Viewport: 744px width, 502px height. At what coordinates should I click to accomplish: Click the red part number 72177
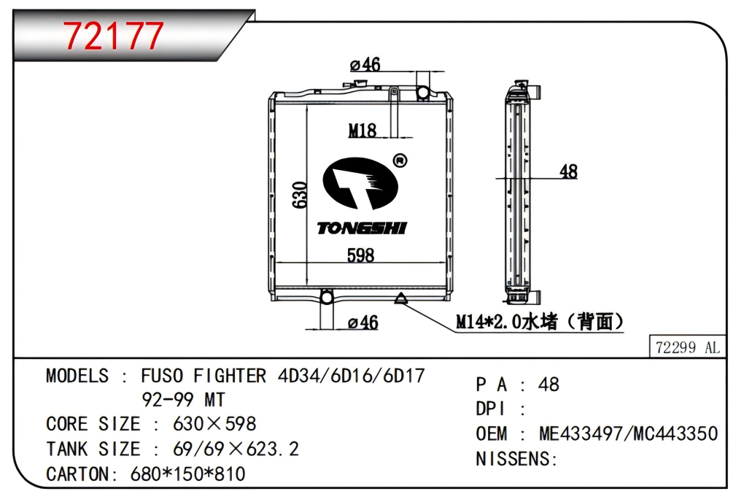113,36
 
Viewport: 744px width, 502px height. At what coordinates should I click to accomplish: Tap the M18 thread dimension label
363,130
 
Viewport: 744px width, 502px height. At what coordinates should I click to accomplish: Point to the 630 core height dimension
299,195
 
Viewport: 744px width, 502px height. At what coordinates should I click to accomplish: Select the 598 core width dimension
360,255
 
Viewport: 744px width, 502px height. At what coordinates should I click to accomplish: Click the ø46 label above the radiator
365,64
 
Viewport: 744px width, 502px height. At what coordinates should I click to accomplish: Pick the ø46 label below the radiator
363,323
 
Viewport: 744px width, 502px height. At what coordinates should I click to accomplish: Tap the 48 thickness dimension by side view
568,171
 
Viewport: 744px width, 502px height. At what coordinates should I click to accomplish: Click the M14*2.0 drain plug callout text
540,322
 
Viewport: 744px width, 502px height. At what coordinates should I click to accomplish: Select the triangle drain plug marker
401,298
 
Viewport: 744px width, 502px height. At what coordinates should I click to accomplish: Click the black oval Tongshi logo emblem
360,183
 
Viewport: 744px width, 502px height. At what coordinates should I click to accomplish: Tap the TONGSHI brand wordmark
362,228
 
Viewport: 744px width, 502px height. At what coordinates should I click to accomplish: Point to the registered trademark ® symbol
400,161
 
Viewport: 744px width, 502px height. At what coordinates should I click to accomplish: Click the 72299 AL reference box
687,347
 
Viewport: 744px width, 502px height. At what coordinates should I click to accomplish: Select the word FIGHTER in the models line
230,376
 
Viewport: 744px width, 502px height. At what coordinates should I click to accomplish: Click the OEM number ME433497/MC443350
628,433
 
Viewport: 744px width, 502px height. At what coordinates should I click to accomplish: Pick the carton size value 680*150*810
188,474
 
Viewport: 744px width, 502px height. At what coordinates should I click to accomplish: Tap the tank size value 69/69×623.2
236,449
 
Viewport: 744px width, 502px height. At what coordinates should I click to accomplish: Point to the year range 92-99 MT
183,400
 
